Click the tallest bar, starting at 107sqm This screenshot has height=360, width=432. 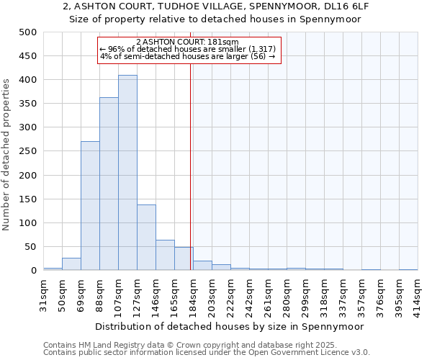[127, 173]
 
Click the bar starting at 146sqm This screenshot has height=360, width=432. [165, 256]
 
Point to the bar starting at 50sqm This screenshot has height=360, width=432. [71, 264]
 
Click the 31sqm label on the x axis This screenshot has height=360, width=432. [44, 292]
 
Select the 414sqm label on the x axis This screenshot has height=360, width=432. [418, 292]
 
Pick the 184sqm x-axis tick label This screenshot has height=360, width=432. [194, 292]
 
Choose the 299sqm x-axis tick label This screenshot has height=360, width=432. [306, 292]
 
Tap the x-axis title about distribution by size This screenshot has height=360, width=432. [230, 326]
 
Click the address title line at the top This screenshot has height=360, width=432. [216, 6]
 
